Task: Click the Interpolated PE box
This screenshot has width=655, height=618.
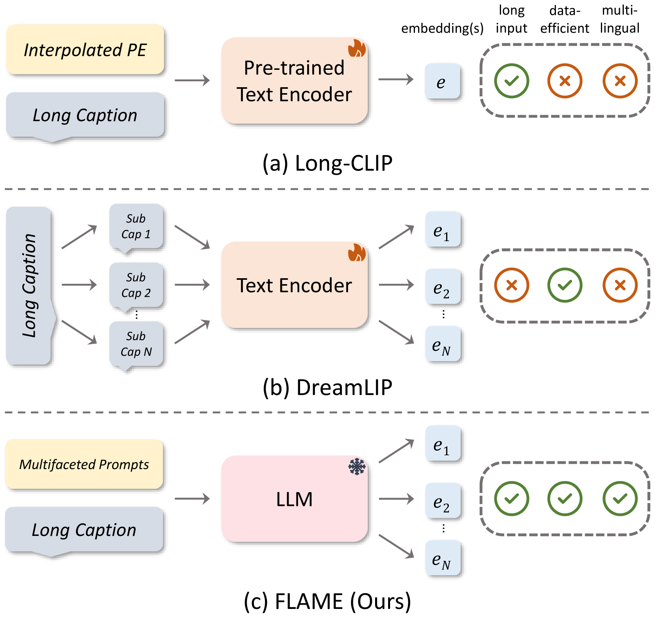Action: [85, 50]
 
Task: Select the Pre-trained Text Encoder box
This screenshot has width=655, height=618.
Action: [294, 81]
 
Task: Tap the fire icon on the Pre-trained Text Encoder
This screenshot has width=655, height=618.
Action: [357, 48]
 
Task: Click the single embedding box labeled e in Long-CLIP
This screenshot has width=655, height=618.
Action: [442, 81]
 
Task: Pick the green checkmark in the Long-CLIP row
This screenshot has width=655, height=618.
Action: [511, 81]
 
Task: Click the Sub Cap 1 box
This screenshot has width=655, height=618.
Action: [136, 227]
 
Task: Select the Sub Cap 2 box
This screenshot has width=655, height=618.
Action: [136, 285]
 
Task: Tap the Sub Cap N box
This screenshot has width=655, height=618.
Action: [136, 344]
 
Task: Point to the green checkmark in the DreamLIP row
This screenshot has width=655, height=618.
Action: [565, 285]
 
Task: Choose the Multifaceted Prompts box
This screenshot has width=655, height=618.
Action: [84, 464]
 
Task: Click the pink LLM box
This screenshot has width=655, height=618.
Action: [294, 499]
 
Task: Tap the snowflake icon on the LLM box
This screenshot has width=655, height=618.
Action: [357, 466]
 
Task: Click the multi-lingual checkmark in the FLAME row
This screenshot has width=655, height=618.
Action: [620, 498]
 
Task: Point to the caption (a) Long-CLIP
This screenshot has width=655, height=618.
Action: [327, 163]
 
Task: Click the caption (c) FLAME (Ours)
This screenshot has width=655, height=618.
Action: [327, 601]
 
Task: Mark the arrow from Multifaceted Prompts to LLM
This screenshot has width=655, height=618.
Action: [192, 499]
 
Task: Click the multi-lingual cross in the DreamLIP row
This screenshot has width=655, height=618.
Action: [620, 285]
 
